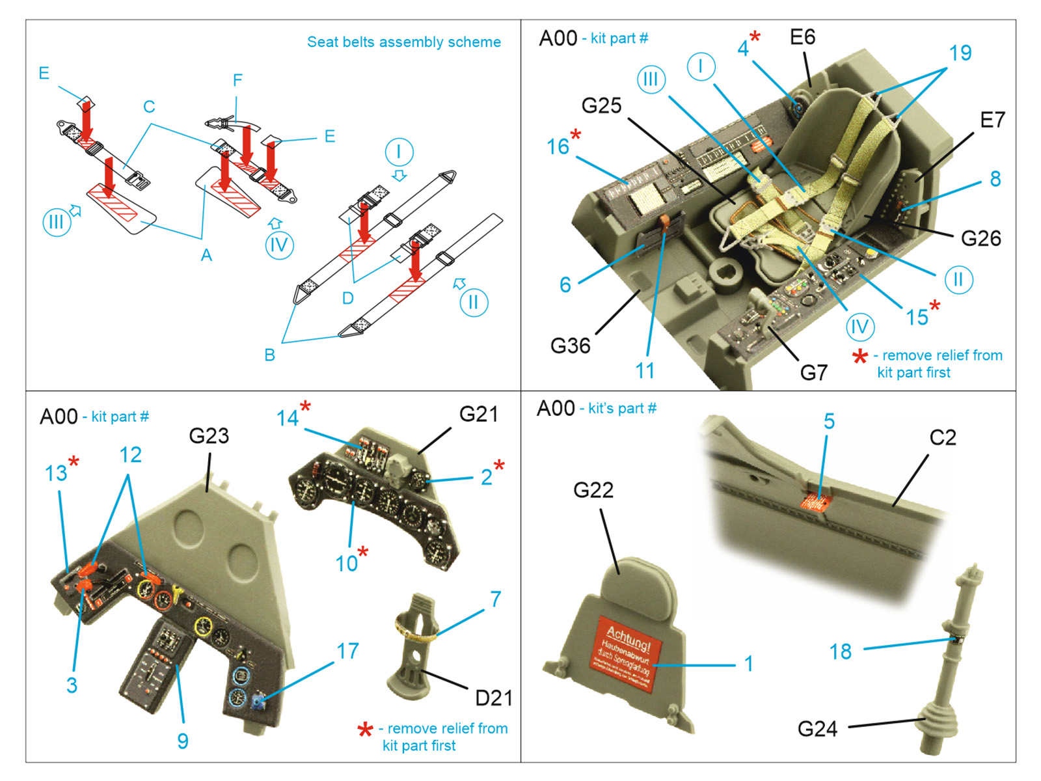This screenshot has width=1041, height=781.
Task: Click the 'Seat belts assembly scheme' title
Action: [x=403, y=42]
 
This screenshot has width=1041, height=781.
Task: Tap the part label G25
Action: [x=601, y=105]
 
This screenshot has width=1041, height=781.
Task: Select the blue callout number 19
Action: [x=960, y=53]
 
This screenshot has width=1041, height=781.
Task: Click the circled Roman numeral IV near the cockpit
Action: [x=859, y=327]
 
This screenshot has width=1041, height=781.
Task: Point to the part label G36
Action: [x=570, y=346]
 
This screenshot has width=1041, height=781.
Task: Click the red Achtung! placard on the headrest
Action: [x=626, y=652]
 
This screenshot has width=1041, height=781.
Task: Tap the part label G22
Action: [x=593, y=490]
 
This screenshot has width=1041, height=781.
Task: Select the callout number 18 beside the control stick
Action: [x=840, y=651]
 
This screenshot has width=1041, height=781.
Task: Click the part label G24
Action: [x=817, y=728]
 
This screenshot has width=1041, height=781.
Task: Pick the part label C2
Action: [x=942, y=437]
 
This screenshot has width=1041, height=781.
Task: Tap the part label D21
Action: [x=493, y=698]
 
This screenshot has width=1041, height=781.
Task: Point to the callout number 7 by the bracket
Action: [x=495, y=599]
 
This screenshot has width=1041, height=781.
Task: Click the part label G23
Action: [x=209, y=436]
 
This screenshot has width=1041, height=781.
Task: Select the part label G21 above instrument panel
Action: [x=478, y=414]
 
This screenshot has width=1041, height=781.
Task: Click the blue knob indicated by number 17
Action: [x=257, y=702]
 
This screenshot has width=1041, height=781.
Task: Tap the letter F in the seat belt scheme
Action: [x=237, y=80]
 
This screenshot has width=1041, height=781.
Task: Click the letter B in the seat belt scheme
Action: [x=269, y=355]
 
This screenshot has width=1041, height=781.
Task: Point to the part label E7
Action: [x=992, y=120]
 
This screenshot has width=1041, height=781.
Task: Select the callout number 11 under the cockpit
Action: [x=644, y=371]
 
